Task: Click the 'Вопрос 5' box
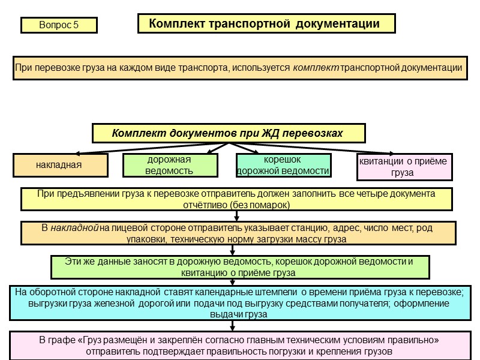point(59,25)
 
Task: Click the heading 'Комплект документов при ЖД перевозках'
point(227,133)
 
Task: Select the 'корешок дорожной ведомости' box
point(283,165)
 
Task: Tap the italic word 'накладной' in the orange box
point(74,229)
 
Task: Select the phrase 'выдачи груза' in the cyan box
point(238,314)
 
